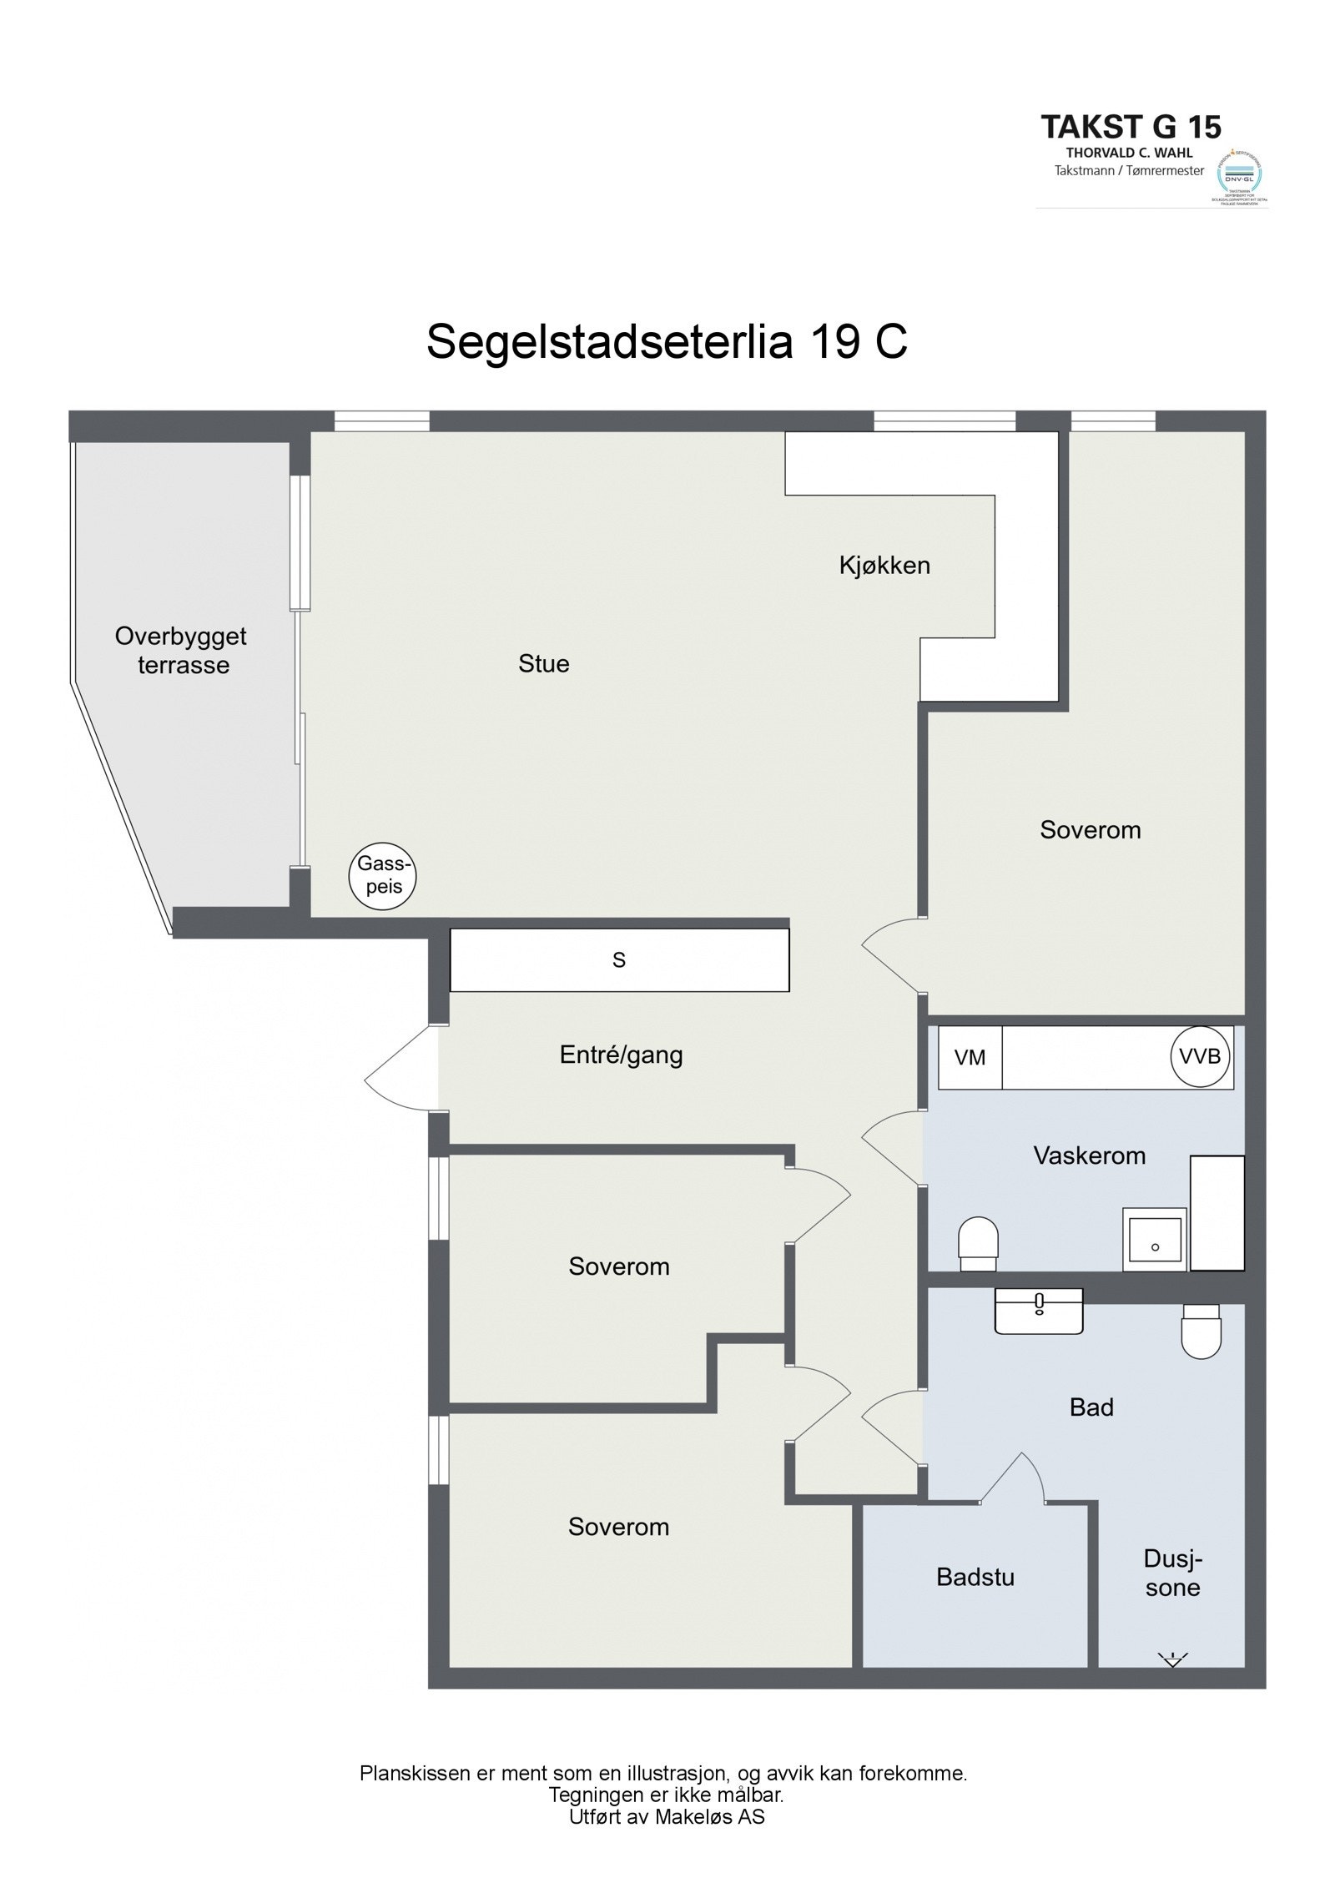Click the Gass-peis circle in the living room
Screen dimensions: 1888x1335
[382, 877]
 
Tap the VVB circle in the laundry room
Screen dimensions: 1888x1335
[1200, 1056]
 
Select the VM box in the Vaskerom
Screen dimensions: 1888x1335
[970, 1057]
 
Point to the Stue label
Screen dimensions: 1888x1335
[543, 664]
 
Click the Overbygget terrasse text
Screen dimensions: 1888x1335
[181, 651]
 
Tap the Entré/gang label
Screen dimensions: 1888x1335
[621, 1055]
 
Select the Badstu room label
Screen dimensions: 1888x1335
[975, 1577]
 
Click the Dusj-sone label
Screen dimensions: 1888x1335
[1172, 1573]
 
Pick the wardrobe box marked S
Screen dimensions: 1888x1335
[618, 960]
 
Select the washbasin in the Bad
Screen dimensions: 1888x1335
[1039, 1312]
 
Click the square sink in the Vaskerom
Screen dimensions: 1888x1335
[1154, 1239]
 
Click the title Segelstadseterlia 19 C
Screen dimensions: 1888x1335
[666, 342]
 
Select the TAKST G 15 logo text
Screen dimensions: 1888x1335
[1131, 128]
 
